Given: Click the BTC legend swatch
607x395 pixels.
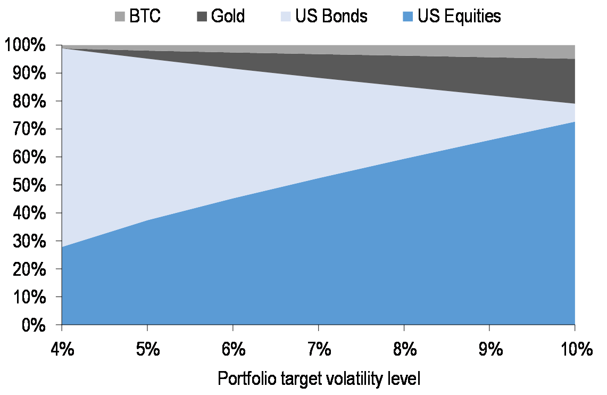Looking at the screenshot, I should (x=119, y=17).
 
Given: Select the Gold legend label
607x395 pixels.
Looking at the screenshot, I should (x=228, y=16).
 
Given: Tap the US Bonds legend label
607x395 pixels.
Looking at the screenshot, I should (x=331, y=16).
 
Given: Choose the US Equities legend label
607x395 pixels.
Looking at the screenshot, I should (x=459, y=16).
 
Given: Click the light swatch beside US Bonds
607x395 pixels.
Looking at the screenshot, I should (x=286, y=17).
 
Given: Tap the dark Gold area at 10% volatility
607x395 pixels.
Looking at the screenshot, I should (x=564, y=80).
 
